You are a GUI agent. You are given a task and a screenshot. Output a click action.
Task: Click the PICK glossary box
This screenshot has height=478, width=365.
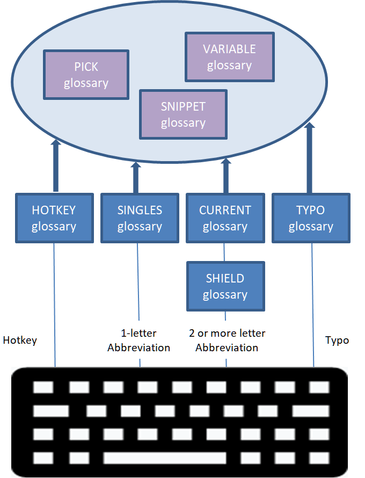[x=86, y=75]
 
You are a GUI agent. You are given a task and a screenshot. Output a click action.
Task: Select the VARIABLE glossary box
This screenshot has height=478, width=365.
[x=229, y=57]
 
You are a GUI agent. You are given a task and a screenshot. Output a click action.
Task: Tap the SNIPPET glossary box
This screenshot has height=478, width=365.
[x=183, y=115]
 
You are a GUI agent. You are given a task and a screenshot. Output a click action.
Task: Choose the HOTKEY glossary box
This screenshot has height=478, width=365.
[x=54, y=218]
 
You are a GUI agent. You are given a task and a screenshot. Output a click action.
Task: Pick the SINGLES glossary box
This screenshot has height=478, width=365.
[x=140, y=218]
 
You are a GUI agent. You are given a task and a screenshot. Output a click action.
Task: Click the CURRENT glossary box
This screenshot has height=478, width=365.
[x=225, y=218]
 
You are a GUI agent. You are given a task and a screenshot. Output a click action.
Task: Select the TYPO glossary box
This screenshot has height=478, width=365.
[x=311, y=218]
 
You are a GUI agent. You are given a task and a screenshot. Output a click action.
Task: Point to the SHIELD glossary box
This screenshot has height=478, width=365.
[x=225, y=286]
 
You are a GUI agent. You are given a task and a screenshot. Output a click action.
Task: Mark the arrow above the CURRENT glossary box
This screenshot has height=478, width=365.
[x=225, y=175]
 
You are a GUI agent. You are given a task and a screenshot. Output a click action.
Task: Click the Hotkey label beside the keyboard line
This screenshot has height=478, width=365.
[x=20, y=340]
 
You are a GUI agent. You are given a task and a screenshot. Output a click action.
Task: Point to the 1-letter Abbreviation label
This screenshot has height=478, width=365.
[x=138, y=341]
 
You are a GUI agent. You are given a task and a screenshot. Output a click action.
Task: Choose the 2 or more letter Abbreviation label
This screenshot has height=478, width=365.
[x=227, y=341]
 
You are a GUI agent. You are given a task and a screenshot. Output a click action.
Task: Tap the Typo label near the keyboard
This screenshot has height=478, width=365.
[x=337, y=340]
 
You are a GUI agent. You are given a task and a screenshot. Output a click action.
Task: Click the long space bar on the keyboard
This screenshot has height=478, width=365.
[x=164, y=458]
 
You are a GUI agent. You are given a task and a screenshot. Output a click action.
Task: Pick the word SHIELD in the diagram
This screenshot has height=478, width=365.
[x=225, y=278]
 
